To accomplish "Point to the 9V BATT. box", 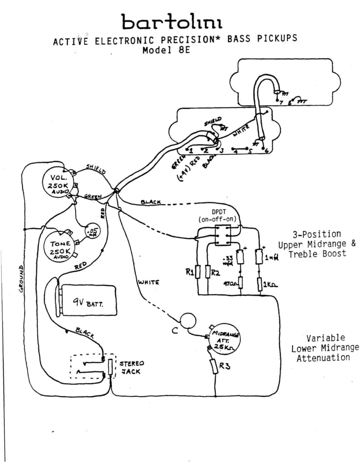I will tap(88, 300).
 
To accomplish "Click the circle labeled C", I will tap(187, 321).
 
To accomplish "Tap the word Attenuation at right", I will tap(323, 358).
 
